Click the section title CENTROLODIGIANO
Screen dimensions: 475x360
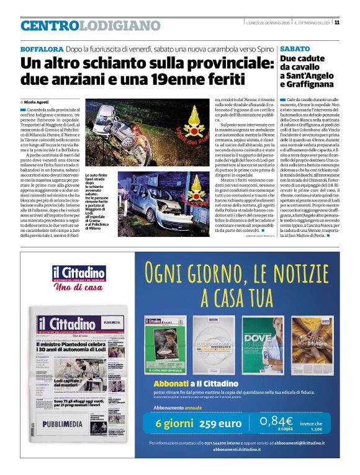[x=91, y=25]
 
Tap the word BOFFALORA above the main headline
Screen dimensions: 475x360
[x=42, y=48]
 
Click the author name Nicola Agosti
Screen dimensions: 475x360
[x=38, y=100]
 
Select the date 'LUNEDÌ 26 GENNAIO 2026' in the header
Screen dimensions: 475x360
[x=268, y=23]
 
